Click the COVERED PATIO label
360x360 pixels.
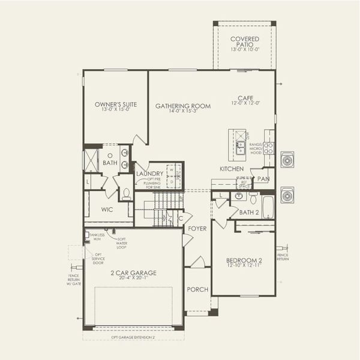pos(245,41)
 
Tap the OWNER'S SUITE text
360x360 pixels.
pos(116,104)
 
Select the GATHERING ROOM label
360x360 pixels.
pos(183,106)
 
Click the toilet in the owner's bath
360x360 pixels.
pos(126,194)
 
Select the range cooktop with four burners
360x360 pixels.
pos(269,148)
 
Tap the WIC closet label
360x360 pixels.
pos(107,210)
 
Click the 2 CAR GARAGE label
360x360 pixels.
pos(133,273)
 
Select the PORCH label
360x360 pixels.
pos(197,289)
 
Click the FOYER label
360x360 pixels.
pos(197,229)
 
